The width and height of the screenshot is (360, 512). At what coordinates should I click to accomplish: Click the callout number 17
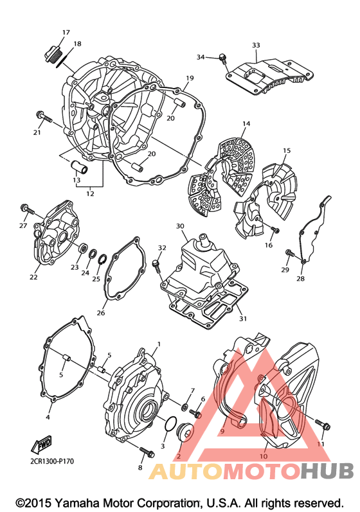66,32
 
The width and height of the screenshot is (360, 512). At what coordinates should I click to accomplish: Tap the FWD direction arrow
42,445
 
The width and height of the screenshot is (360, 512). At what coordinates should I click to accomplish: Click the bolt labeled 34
223,58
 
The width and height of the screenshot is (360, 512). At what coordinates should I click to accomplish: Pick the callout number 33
256,45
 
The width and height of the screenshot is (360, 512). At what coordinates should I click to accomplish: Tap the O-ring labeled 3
170,423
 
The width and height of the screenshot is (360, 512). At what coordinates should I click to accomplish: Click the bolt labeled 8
147,452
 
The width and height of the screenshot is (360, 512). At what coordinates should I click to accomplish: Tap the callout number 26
101,312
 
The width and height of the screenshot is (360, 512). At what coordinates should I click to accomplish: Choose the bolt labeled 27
28,209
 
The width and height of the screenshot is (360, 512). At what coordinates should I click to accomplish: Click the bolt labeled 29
290,253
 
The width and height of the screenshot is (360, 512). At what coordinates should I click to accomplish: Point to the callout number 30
181,226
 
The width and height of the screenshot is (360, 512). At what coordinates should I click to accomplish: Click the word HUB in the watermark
327,471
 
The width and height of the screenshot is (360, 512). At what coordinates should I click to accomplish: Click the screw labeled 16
275,230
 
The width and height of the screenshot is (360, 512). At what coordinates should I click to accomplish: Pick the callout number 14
246,123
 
